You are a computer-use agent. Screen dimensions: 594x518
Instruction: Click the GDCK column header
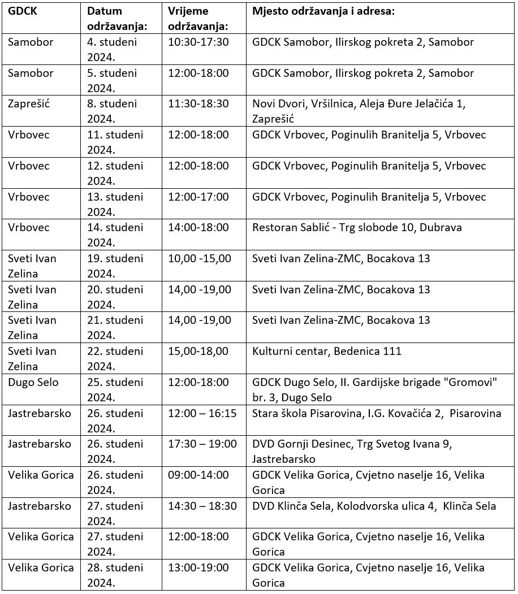coord(22,11)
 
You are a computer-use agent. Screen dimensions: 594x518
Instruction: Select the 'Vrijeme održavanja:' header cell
coord(198,19)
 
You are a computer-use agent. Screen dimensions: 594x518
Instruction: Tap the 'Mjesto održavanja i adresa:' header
coord(322,11)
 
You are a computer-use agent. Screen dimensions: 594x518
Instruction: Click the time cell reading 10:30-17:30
coord(198,42)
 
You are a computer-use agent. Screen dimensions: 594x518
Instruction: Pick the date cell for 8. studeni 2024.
coord(112,111)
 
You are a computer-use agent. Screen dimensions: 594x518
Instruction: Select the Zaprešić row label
coord(29,104)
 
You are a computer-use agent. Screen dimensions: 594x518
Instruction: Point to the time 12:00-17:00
coord(198,197)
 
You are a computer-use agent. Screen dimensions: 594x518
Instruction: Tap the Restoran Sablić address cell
coord(357,228)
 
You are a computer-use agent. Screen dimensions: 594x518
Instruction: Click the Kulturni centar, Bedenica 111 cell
coord(327,352)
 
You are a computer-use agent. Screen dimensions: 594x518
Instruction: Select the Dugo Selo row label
coord(33,382)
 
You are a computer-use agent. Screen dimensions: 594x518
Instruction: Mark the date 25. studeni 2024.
coord(115,389)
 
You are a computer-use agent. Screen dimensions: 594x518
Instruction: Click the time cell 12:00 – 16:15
coord(202,413)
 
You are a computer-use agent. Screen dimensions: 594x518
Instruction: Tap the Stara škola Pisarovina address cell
coord(377,413)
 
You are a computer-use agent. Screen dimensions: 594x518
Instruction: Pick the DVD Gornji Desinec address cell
coord(352,451)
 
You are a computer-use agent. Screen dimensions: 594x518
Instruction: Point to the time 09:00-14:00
coord(198,475)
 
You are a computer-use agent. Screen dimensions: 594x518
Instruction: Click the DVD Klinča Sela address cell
coord(374,506)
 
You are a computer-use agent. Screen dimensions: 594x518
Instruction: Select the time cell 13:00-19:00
coord(198,567)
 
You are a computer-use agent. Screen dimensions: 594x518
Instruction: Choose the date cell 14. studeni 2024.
coord(115,235)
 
